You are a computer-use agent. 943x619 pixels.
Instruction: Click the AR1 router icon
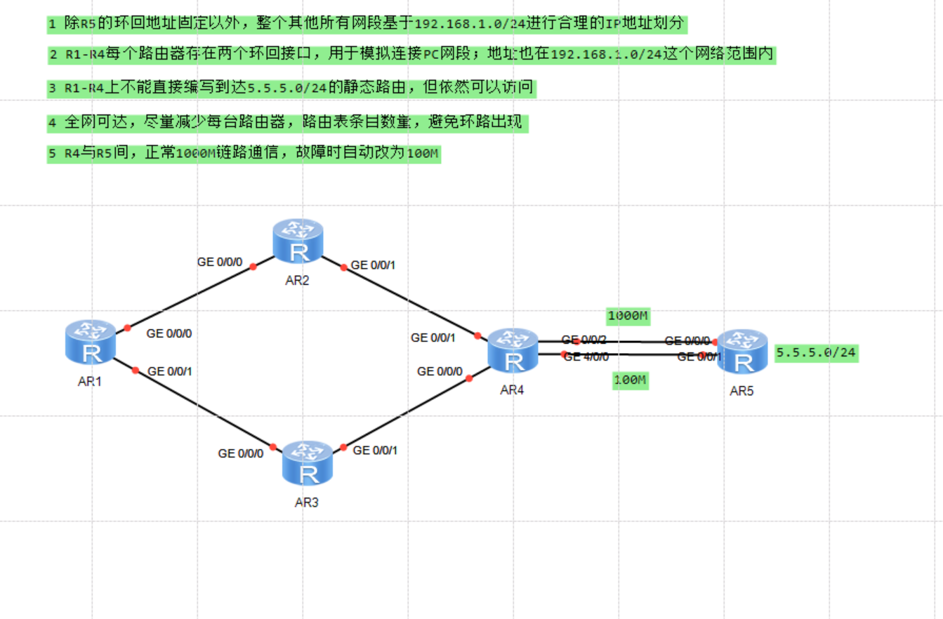(91, 342)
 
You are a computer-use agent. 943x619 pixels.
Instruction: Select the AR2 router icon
(298, 240)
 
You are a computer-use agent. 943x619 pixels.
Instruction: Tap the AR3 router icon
(307, 463)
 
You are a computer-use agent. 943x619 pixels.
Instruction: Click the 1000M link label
(628, 316)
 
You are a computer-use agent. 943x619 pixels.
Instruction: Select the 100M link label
(631, 381)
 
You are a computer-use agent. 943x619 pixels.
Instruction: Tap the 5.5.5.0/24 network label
(816, 353)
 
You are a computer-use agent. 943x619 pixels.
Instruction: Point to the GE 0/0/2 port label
(584, 340)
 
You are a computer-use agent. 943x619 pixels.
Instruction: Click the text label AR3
(307, 502)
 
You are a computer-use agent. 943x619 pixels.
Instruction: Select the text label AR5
(741, 391)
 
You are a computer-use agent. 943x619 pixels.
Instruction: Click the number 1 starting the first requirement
(52, 24)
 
